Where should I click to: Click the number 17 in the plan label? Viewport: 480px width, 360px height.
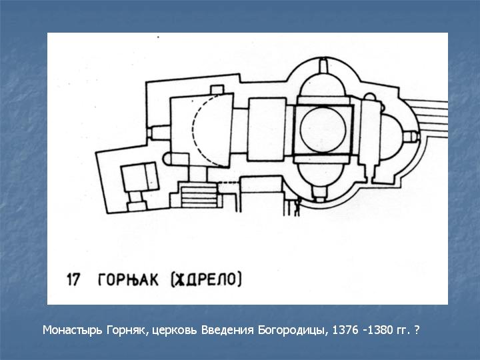[74, 280]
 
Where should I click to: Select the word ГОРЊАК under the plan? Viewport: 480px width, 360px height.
[128, 280]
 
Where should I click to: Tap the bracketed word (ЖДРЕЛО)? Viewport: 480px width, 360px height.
[206, 279]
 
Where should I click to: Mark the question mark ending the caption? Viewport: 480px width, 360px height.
[416, 330]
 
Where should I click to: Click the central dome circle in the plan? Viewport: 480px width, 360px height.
[323, 129]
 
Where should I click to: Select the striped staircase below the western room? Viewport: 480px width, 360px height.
[199, 195]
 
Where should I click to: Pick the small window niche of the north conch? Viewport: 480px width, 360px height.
[323, 65]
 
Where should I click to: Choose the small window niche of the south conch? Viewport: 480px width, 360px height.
[319, 193]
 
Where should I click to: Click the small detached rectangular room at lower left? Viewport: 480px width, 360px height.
[140, 177]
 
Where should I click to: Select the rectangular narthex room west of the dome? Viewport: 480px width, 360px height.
[267, 129]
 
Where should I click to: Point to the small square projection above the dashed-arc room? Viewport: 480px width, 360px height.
[217, 90]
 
